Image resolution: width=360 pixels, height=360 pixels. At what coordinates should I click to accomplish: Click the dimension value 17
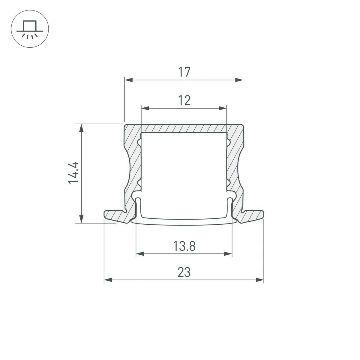184,72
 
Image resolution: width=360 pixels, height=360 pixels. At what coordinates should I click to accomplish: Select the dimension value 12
184,100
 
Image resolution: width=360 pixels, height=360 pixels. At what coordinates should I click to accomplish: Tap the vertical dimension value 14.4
73,172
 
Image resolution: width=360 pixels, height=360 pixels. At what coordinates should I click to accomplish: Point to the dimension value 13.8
184,247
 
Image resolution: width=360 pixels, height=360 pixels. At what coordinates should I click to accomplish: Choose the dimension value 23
184,272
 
